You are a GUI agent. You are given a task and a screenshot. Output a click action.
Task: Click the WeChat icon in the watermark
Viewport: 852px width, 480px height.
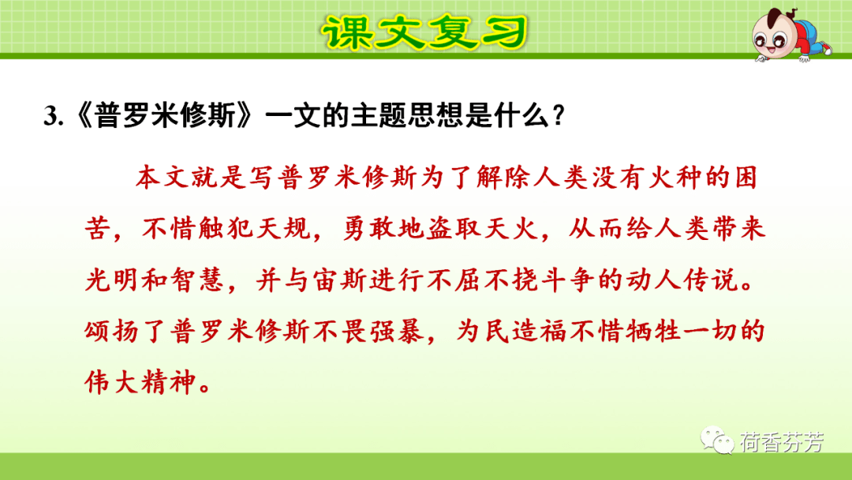tap(718, 441)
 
